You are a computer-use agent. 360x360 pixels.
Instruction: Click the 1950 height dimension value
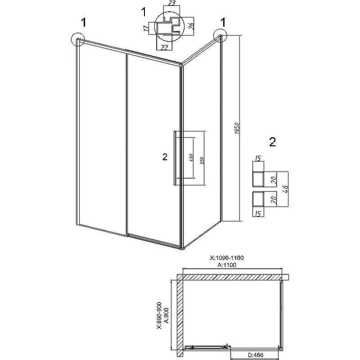(x=237, y=128)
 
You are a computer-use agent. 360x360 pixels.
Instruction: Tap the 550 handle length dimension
(x=202, y=161)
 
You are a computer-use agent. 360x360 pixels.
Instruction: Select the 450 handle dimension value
(x=192, y=158)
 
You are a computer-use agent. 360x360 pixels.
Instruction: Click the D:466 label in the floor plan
(x=256, y=355)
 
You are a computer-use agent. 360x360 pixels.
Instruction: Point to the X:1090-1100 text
(x=227, y=258)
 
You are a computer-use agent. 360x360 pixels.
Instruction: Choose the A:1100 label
(x=227, y=265)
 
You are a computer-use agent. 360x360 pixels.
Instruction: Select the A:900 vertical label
(x=166, y=315)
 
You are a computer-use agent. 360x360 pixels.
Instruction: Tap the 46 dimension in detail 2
(x=285, y=189)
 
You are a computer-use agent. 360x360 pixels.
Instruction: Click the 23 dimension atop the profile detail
(x=172, y=3)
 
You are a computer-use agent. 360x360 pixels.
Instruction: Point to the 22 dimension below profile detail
(x=164, y=47)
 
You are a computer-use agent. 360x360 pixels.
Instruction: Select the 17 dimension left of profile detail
(x=145, y=28)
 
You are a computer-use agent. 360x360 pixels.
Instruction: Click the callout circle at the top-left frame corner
(x=78, y=40)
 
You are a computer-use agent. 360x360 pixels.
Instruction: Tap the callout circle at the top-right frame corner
(x=220, y=35)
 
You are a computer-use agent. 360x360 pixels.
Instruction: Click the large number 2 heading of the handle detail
(x=272, y=142)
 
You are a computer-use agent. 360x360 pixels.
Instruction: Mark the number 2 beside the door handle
(x=165, y=157)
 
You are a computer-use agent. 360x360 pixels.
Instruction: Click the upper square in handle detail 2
(x=258, y=179)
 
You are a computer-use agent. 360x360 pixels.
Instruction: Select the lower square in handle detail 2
(x=258, y=198)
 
